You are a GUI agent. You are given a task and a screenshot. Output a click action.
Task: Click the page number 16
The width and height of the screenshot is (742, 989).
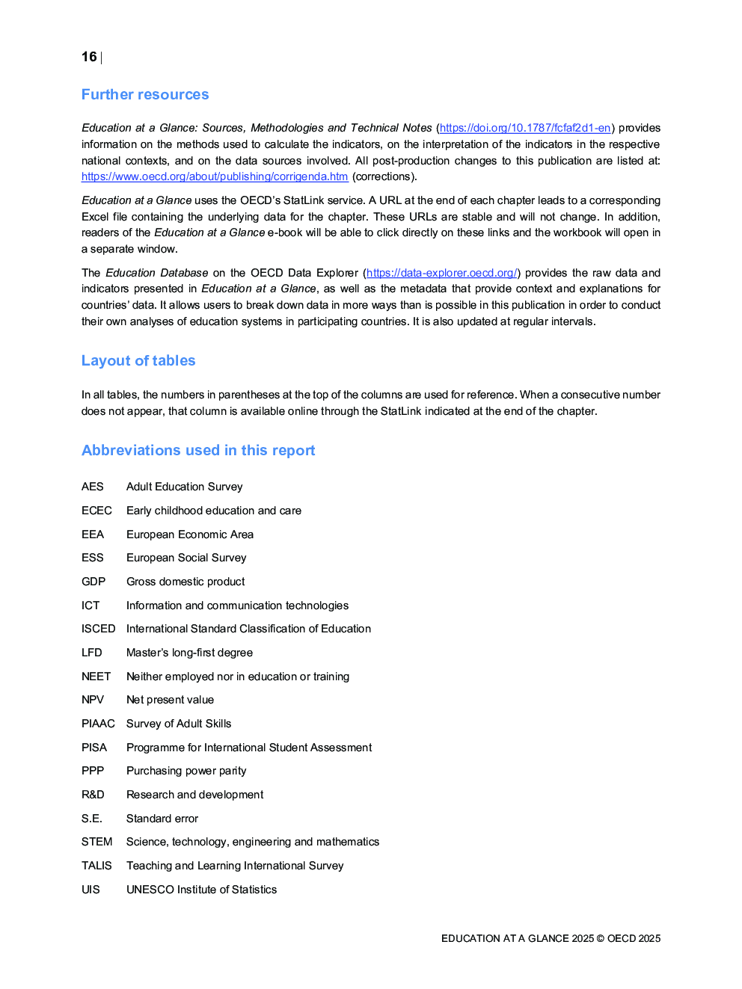coord(89,57)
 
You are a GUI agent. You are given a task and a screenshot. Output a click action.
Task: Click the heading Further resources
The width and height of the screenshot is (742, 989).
coord(145,95)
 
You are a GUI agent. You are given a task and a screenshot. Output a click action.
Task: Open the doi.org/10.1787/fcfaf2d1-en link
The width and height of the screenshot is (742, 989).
coord(525,128)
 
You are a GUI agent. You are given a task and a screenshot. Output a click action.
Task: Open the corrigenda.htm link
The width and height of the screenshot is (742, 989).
coord(215,176)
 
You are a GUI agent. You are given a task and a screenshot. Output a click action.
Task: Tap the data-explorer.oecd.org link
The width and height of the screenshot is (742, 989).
coord(441,273)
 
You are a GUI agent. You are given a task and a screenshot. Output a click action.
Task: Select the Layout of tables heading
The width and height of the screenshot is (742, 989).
coord(138,361)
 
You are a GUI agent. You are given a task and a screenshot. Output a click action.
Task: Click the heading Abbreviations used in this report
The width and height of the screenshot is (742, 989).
coord(198,451)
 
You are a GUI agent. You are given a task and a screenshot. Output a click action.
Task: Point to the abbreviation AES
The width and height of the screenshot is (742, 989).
coord(93,487)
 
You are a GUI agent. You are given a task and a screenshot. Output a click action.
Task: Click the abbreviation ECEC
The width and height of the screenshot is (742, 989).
coord(96,511)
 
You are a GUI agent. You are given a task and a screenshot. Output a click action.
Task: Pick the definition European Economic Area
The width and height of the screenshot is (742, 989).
coord(190,534)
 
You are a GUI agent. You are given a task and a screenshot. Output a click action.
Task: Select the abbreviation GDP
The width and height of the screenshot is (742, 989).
coord(93,582)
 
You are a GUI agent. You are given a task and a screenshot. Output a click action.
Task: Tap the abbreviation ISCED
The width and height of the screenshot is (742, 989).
coord(99,629)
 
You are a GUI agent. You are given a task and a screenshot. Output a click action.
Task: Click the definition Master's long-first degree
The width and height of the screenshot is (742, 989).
coord(189,653)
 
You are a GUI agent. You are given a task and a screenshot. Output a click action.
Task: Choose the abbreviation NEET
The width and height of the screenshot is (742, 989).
coord(96,677)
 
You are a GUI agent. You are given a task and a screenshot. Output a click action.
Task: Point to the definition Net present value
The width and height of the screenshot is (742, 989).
coord(170,700)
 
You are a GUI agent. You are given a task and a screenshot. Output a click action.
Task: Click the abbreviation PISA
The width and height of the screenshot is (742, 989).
coord(94,748)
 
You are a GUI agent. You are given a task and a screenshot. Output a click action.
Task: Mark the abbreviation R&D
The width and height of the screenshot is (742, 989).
coord(93,795)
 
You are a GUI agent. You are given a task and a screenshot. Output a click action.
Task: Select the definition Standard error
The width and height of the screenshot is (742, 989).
coord(162,819)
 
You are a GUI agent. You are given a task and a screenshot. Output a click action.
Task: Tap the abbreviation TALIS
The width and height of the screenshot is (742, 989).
coord(96,866)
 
